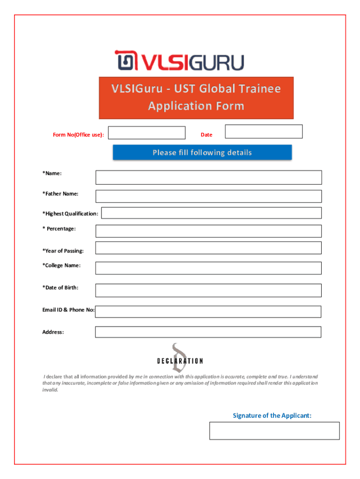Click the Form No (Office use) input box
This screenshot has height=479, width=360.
[x=146, y=132]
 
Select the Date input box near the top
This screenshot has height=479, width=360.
[x=264, y=131]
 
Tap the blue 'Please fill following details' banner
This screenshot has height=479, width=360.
[x=202, y=152]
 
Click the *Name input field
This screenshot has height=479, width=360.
[x=209, y=177]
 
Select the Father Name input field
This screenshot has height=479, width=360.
[x=209, y=196]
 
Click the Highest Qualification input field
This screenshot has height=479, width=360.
[x=211, y=213]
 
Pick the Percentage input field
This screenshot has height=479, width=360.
[x=209, y=231]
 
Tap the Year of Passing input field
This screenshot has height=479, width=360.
[x=209, y=248]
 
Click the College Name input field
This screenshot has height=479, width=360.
[x=209, y=268]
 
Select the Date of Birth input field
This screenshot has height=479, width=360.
[x=209, y=290]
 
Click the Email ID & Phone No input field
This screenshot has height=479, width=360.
[x=209, y=312]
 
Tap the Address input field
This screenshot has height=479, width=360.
[x=209, y=332]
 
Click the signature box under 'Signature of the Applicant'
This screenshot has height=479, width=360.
[x=274, y=430]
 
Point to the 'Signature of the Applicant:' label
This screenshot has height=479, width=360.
[x=272, y=415]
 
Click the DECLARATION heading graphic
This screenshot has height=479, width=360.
[x=180, y=361]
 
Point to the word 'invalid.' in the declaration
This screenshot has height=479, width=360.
[x=50, y=390]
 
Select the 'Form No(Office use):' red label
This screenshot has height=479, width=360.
[x=79, y=135]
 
